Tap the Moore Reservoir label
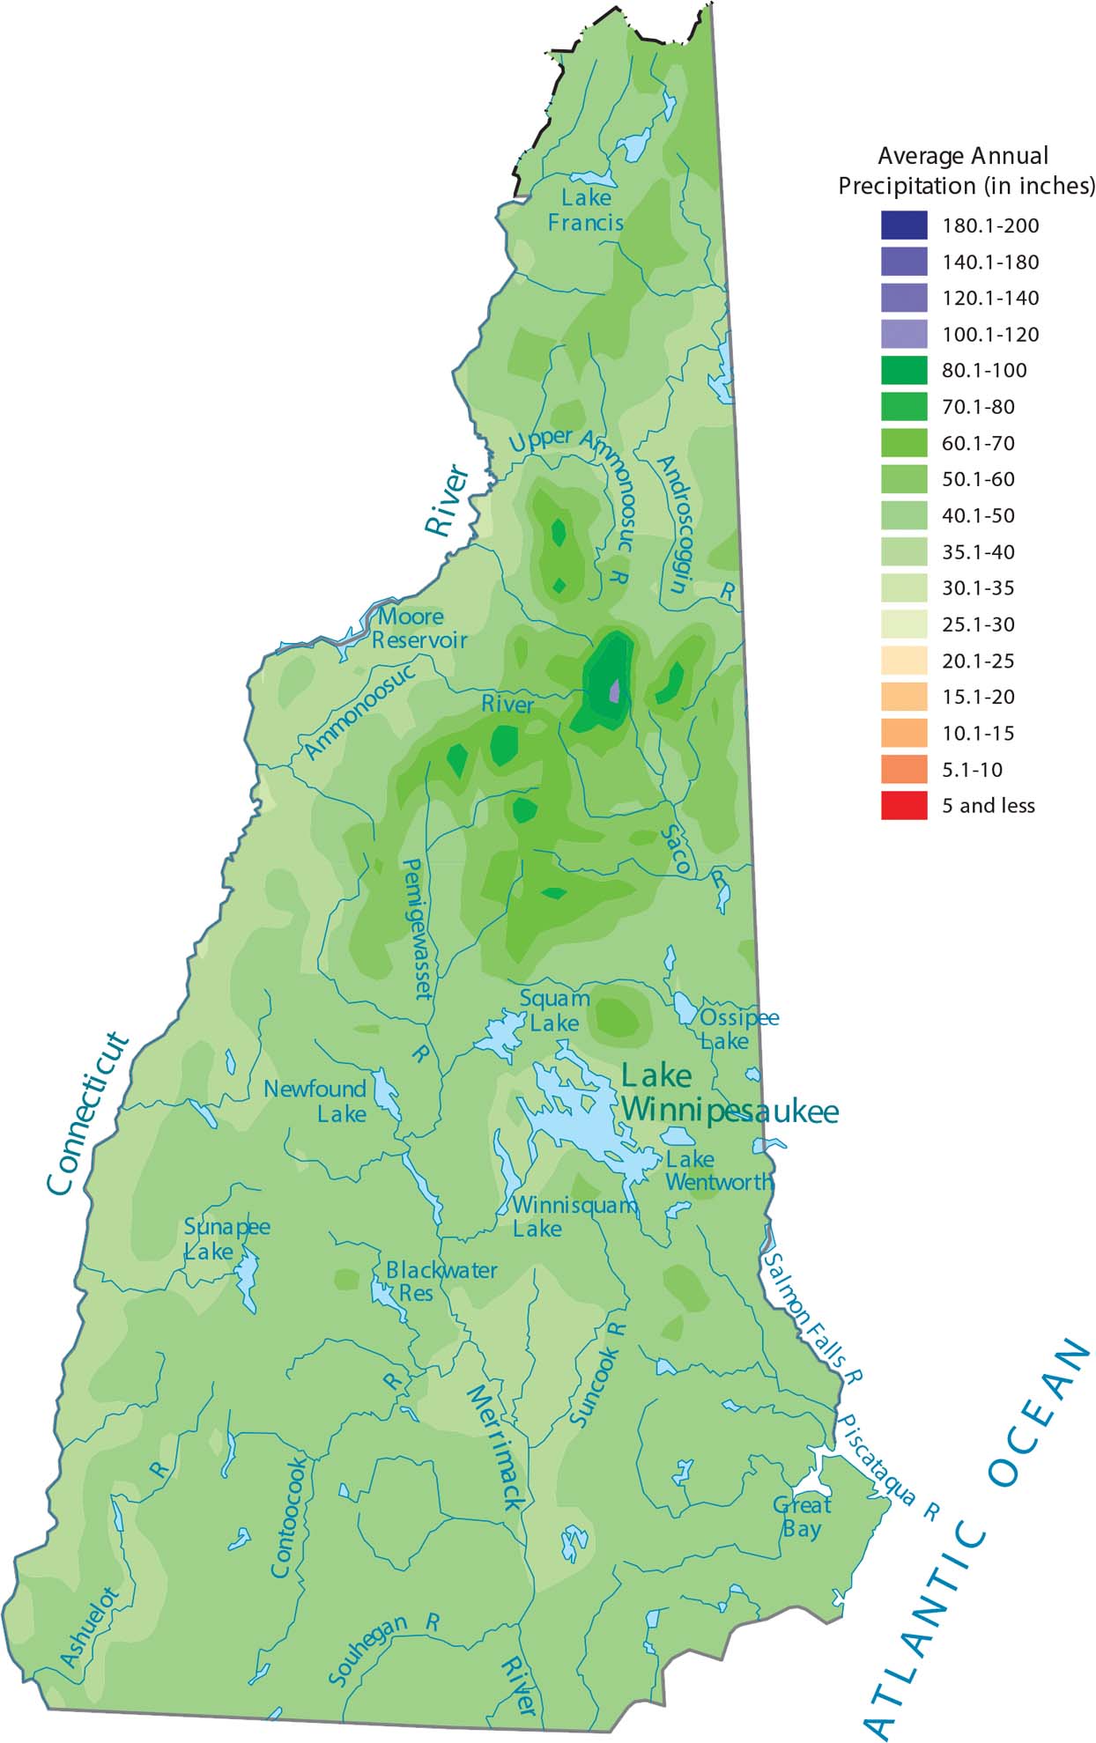point(418,628)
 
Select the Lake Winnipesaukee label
point(729,1093)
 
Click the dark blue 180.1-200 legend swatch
point(904,225)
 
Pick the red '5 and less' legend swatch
point(904,805)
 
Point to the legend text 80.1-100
point(984,371)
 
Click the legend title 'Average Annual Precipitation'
point(966,171)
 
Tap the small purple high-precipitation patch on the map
point(615,690)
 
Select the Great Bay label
point(802,1516)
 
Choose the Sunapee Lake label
point(226,1238)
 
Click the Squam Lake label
point(554,1010)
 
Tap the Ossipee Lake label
point(738,1029)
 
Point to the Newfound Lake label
point(315,1101)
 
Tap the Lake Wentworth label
point(717,1171)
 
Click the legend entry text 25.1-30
point(978,624)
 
